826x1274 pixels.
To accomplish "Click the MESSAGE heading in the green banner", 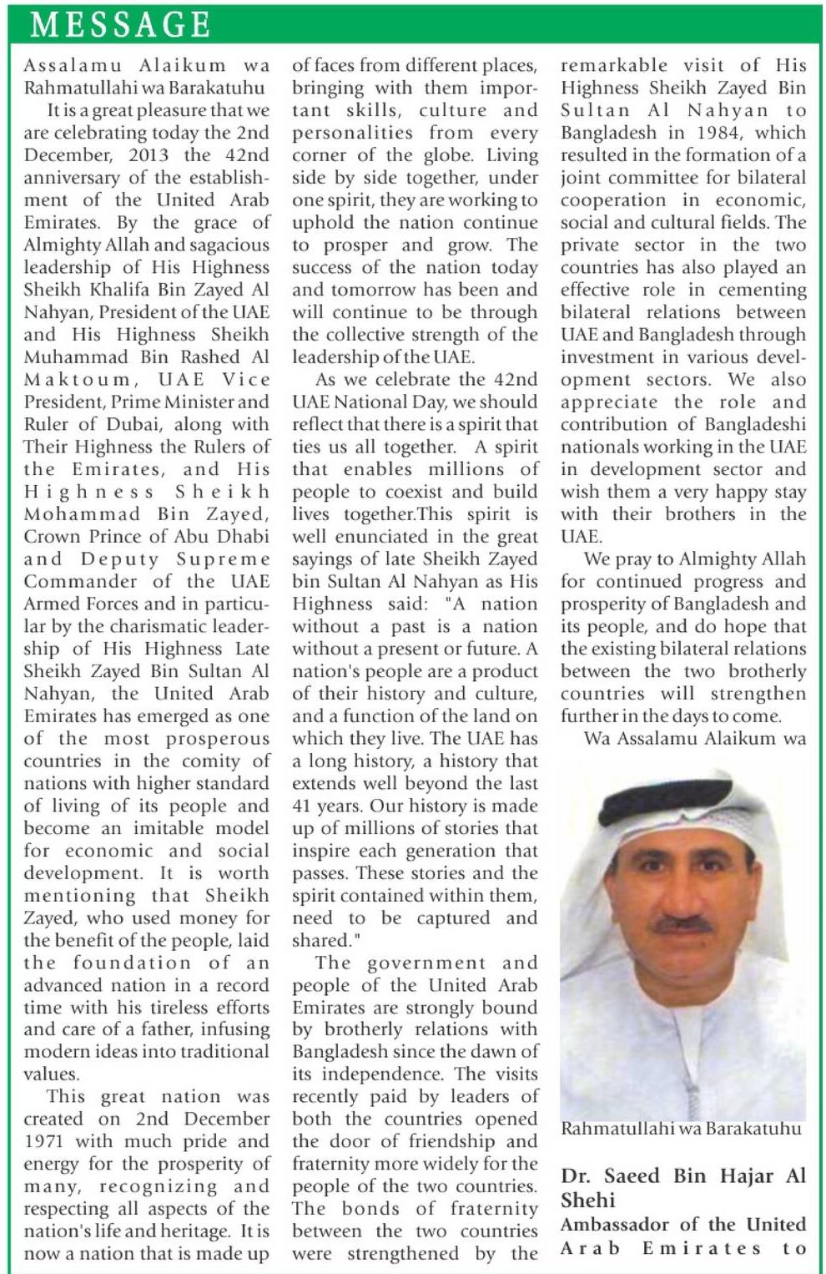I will pyautogui.click(x=120, y=24).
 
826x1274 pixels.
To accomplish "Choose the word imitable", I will pyautogui.click(x=145, y=828).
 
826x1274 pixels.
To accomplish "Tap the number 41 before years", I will pyautogui.click(x=304, y=806).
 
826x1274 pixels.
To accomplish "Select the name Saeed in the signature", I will pyautogui.click(x=636, y=1176).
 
